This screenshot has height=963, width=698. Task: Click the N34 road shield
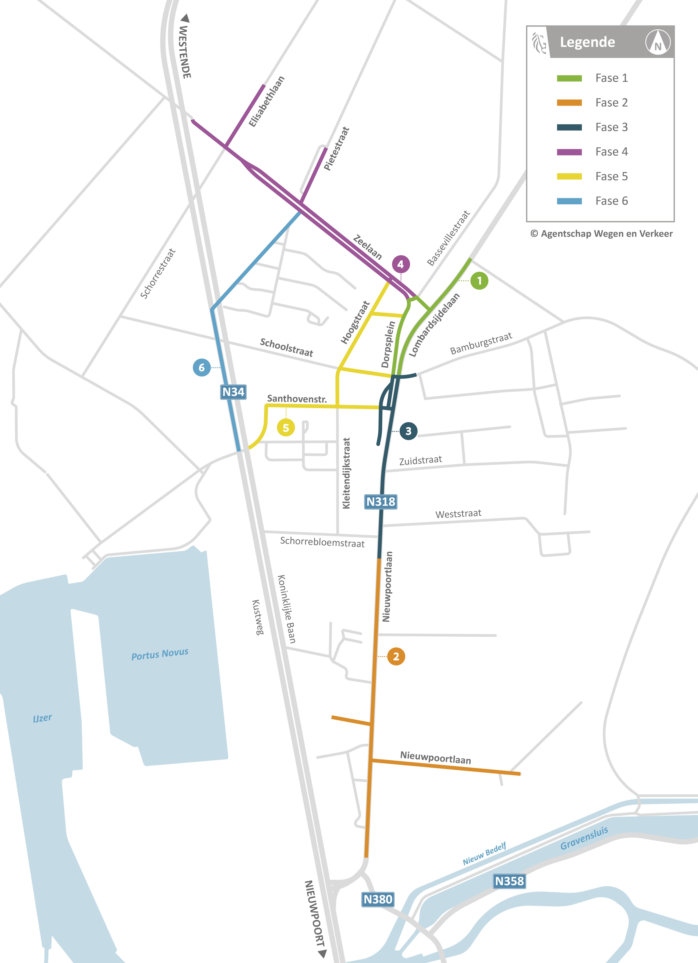(x=233, y=392)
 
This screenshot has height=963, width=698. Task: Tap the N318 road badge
(x=381, y=502)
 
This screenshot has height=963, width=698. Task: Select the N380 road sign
(x=378, y=899)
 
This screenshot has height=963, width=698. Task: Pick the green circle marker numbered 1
(x=479, y=281)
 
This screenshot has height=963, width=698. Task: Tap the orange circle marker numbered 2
(x=396, y=656)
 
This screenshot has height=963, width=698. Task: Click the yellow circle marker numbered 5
(x=286, y=428)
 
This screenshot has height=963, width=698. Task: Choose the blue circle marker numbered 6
(x=202, y=368)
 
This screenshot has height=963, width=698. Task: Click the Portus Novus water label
(x=160, y=654)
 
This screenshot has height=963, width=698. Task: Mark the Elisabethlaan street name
(x=266, y=102)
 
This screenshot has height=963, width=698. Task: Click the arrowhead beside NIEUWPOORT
(x=322, y=954)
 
